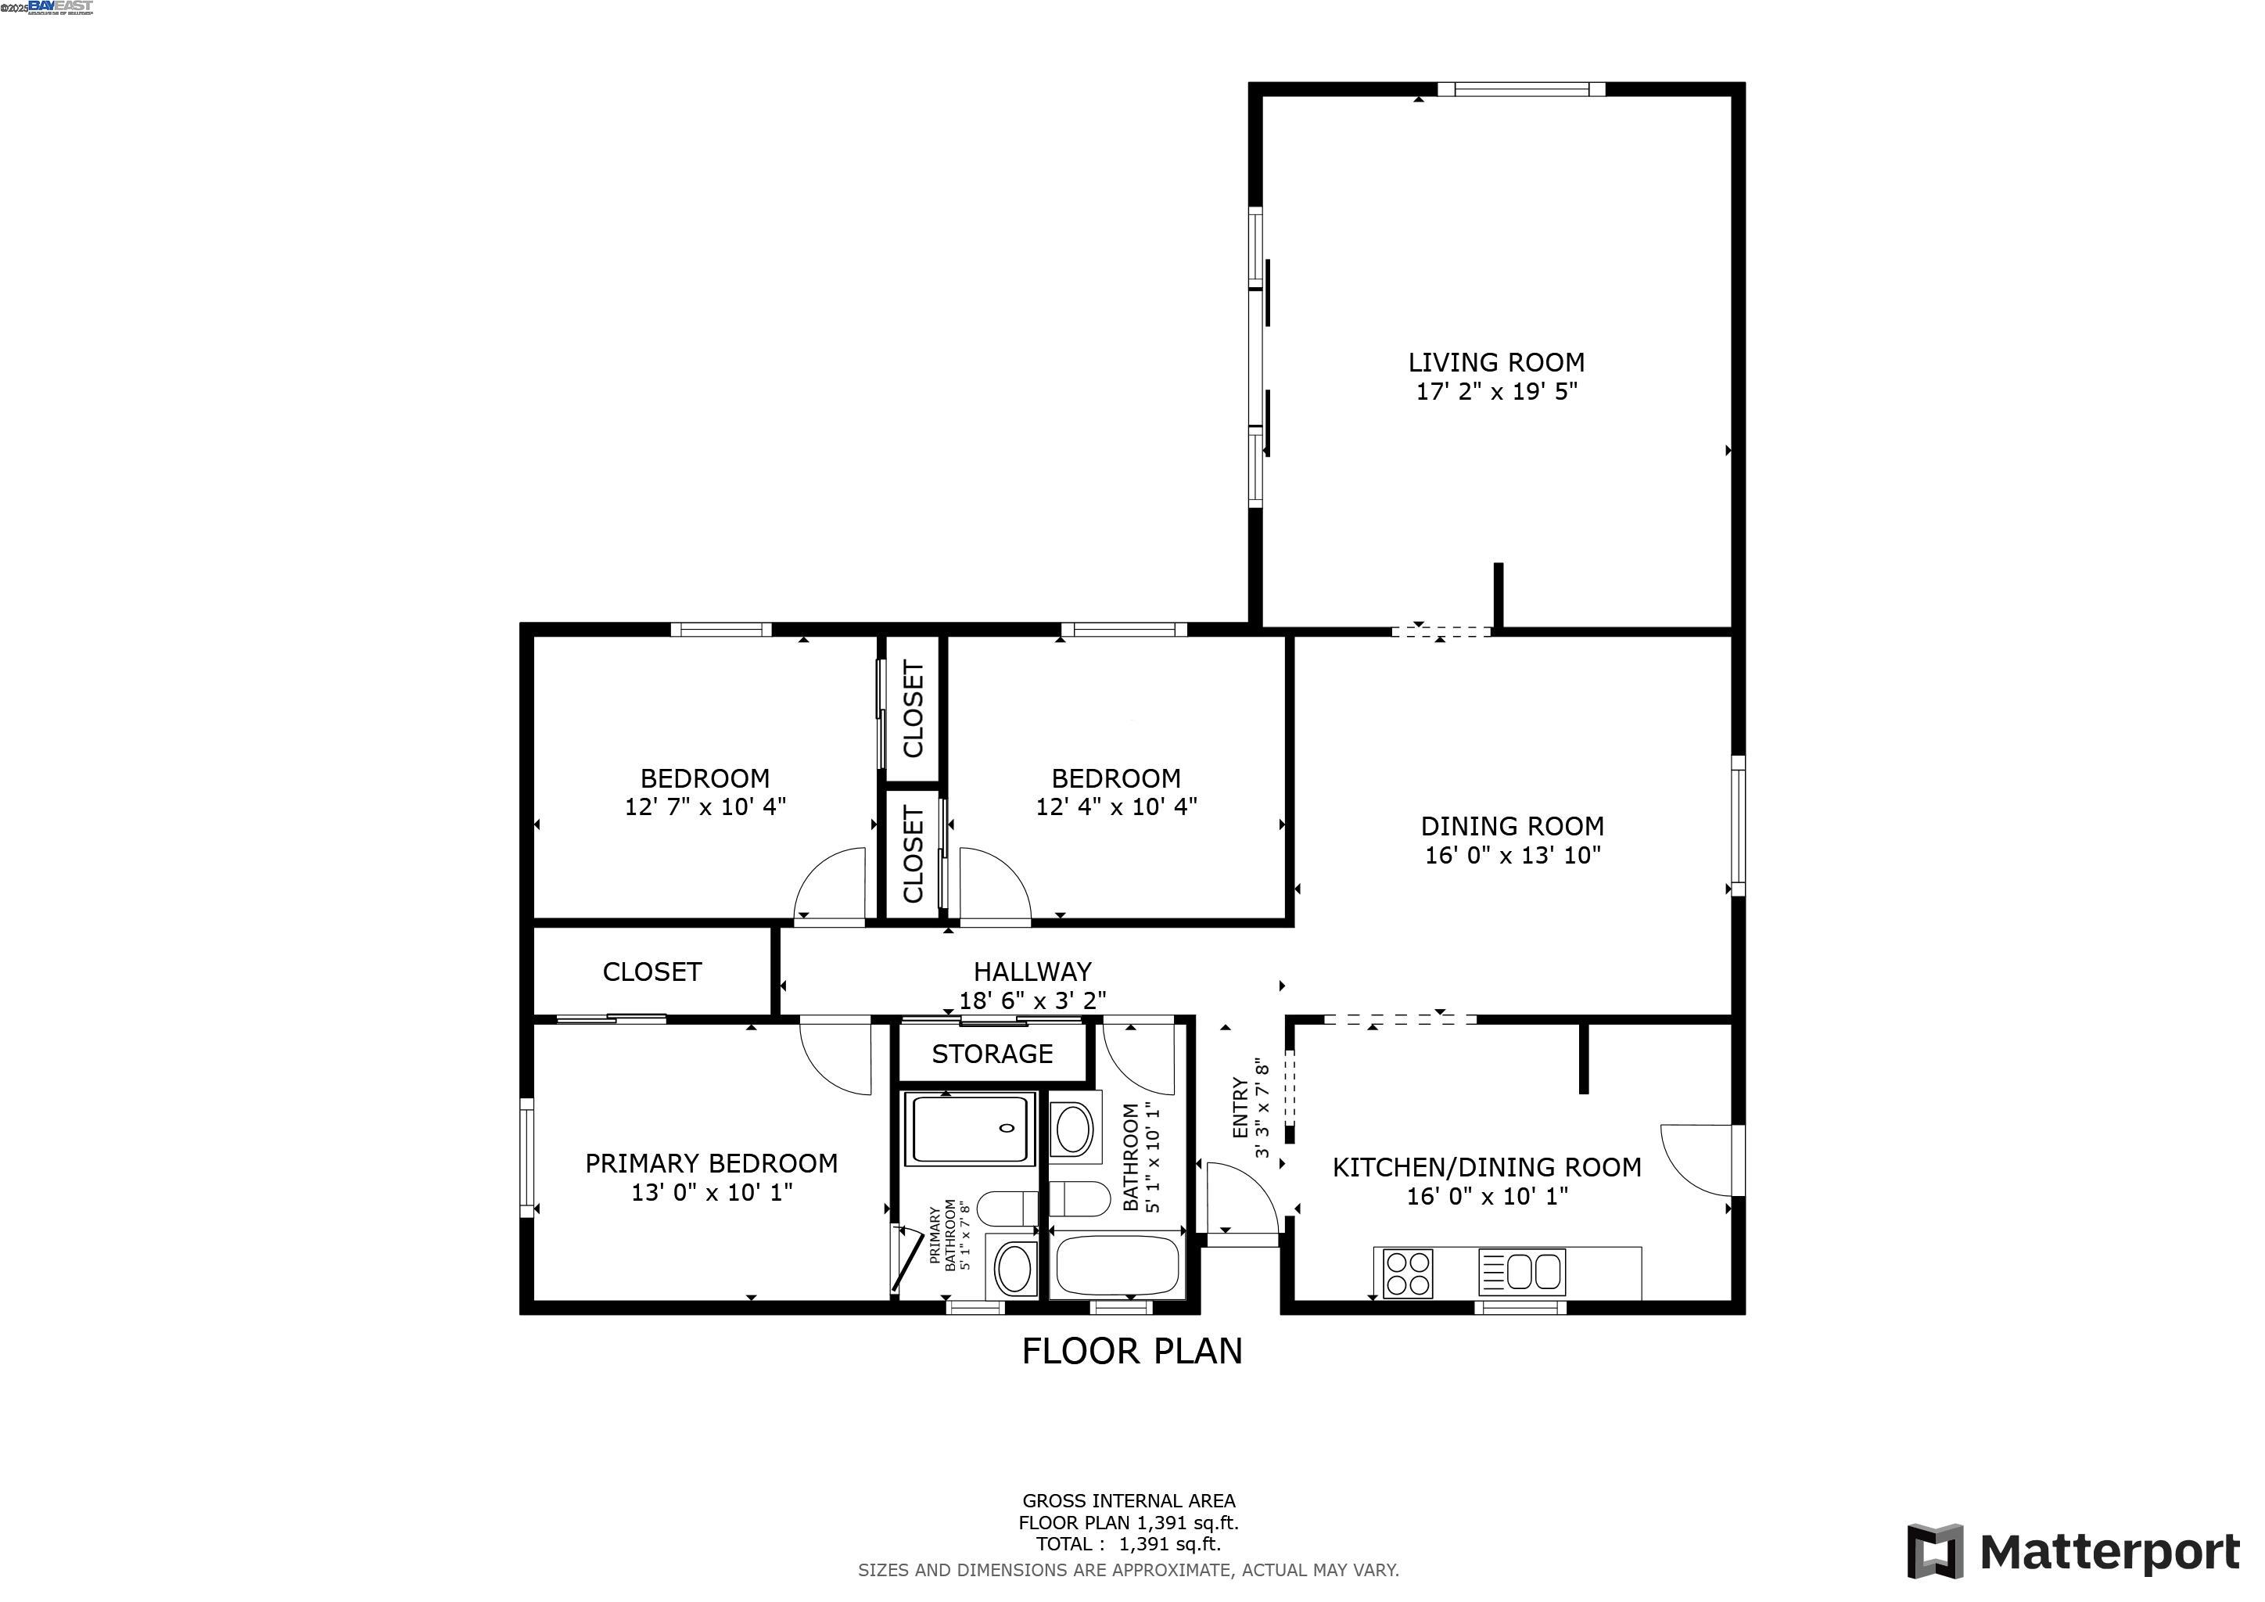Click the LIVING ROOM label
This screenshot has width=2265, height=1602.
pyautogui.click(x=1495, y=363)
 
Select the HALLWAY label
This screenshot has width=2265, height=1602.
pyautogui.click(x=1032, y=972)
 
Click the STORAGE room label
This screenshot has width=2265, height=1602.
pyautogui.click(x=993, y=1054)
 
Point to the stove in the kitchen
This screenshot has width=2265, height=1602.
pyautogui.click(x=1407, y=1273)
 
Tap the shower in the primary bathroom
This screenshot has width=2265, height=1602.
pyautogui.click(x=970, y=1129)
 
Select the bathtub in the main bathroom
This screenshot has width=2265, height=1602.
pyautogui.click(x=1117, y=1266)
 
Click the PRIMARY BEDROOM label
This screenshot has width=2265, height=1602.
pyautogui.click(x=711, y=1164)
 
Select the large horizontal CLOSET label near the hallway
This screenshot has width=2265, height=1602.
pyautogui.click(x=652, y=972)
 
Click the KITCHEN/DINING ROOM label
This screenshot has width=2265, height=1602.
pyautogui.click(x=1487, y=1168)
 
